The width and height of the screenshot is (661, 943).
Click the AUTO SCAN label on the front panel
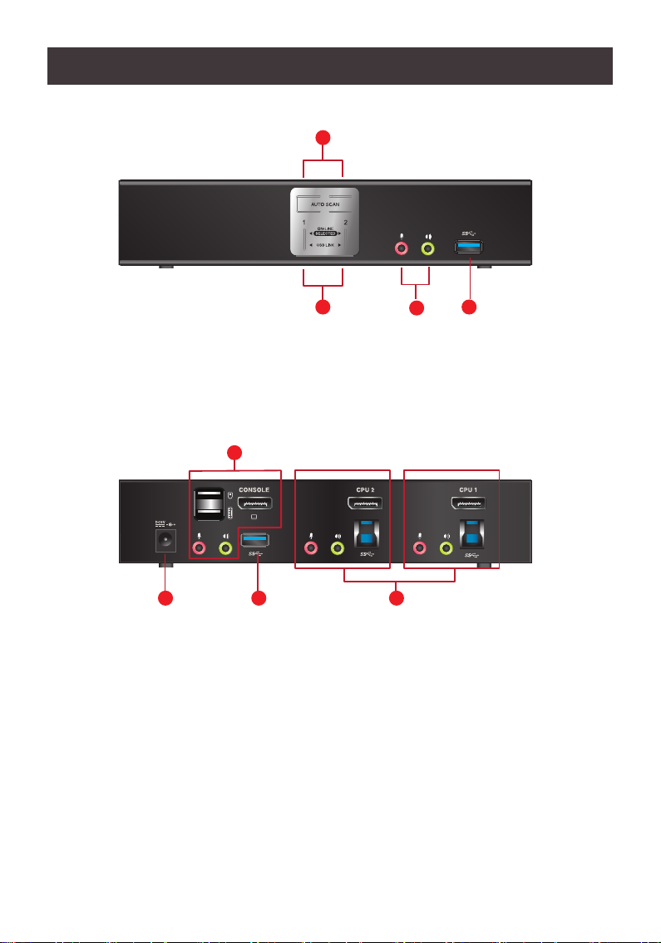tap(324, 202)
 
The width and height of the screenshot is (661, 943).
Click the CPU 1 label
tap(471, 489)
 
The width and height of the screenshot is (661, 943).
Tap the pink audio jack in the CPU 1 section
tap(420, 548)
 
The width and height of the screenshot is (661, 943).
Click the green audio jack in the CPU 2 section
tap(338, 548)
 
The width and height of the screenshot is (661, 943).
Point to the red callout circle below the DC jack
tap(166, 599)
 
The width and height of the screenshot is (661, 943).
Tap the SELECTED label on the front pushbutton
tap(324, 233)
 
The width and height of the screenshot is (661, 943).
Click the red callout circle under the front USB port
tap(470, 307)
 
